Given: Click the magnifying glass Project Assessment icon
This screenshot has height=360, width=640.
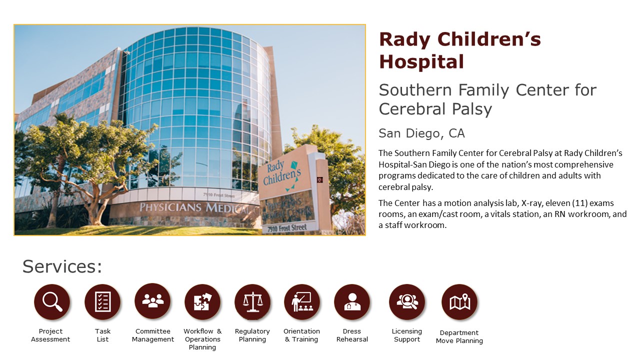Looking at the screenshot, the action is point(51,301).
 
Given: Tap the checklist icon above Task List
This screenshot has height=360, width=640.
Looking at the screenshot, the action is point(102,301).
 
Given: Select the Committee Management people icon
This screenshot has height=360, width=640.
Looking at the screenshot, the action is point(152,301).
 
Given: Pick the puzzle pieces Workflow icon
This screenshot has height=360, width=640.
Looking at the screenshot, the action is point(202,301).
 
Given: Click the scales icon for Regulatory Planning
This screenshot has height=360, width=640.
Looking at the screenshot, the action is point(252,301).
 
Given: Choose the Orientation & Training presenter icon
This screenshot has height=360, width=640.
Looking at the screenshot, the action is point(302,301).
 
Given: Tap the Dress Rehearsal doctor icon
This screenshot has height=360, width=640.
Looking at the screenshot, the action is point(352,301).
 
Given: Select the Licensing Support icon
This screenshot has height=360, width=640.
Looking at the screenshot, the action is point(407,301).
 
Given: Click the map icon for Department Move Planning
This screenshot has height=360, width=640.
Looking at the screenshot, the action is point(459,301).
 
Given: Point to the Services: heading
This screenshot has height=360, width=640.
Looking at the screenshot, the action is point(62,266).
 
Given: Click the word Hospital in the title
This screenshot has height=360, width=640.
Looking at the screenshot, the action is point(421,61).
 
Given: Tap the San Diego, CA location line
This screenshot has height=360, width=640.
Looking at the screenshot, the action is point(421,133).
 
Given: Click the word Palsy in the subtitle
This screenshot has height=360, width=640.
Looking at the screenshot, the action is point(471,109).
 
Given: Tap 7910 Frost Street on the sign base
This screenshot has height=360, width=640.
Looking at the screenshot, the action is point(287,228).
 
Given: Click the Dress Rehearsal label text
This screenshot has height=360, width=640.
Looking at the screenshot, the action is point(352,335).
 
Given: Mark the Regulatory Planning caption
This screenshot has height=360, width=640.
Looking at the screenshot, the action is point(252,335).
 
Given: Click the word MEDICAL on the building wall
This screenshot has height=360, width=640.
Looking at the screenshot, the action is point(228,209).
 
